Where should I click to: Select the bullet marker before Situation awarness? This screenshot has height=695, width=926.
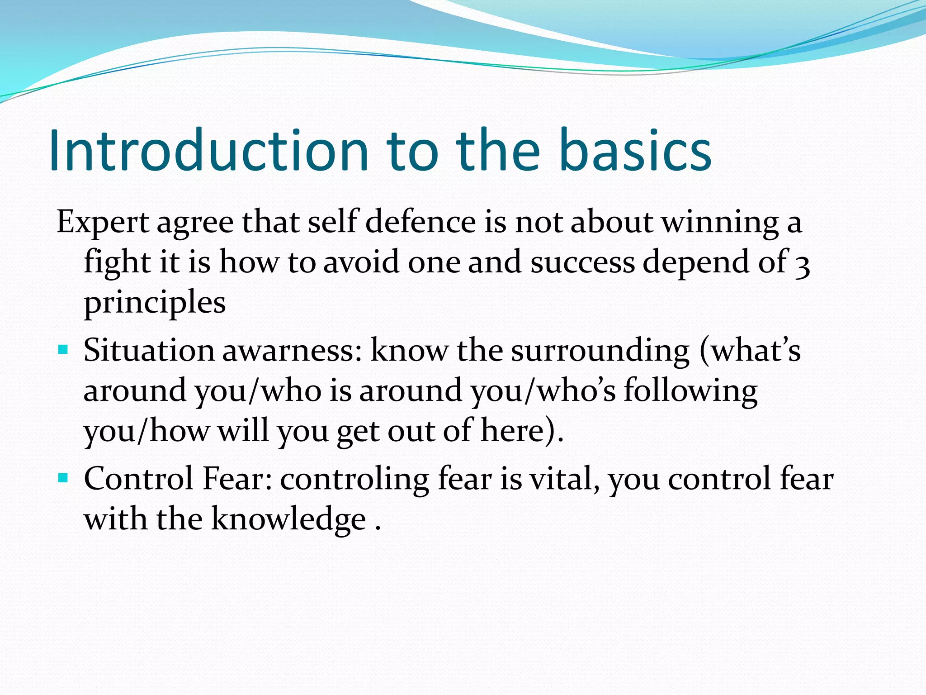[63, 350]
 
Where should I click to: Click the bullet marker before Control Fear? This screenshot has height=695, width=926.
[63, 478]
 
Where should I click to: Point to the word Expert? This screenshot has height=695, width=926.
[103, 223]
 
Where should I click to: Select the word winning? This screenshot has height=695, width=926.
[720, 223]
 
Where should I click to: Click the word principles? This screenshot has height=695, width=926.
[155, 302]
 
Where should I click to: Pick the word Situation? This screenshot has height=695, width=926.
[149, 351]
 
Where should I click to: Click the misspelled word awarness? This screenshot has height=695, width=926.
[292, 351]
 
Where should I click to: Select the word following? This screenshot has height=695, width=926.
[690, 390]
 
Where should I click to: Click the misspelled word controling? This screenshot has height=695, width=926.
[354, 479]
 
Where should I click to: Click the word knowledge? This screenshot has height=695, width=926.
[288, 519]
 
